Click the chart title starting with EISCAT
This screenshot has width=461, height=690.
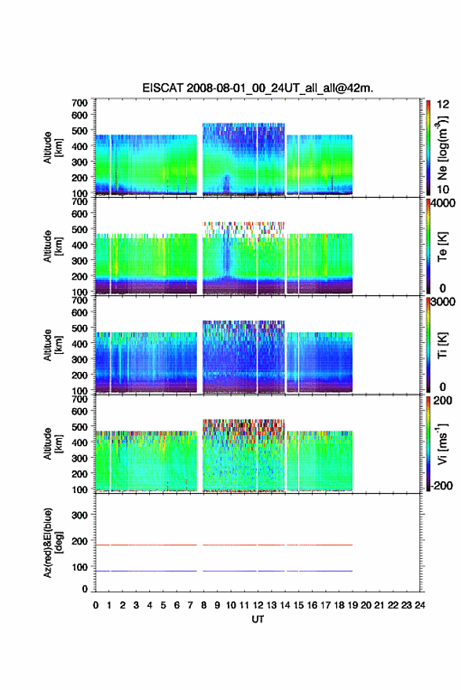coord(258,88)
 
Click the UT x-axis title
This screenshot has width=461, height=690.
coord(258,619)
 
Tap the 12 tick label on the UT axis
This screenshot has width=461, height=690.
coord(258,605)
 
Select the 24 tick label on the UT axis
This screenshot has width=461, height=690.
coord(419,605)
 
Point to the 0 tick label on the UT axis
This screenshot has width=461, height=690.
coord(96,605)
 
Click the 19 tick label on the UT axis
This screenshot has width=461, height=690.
coord(353,605)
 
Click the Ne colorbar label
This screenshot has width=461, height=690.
coord(442,148)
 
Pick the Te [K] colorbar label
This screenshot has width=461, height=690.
coord(442,246)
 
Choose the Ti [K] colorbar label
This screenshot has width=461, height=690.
coord(442,345)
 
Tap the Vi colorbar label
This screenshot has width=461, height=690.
coord(442,444)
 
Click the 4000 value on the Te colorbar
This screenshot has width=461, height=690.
coord(443,203)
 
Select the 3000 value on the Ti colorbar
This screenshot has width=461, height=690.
coord(443,302)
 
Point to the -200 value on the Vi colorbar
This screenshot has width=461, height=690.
coord(441,486)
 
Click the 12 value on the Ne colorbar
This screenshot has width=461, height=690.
coord(443,104)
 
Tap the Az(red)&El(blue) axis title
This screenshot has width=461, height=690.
coord(53,542)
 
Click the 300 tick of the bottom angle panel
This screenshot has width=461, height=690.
coord(79,515)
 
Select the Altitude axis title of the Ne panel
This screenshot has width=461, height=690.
coord(53,148)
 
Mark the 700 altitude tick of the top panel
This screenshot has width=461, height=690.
coord(79,103)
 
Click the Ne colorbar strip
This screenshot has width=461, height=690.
coord(428,148)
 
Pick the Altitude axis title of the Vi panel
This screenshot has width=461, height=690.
coord(53,444)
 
